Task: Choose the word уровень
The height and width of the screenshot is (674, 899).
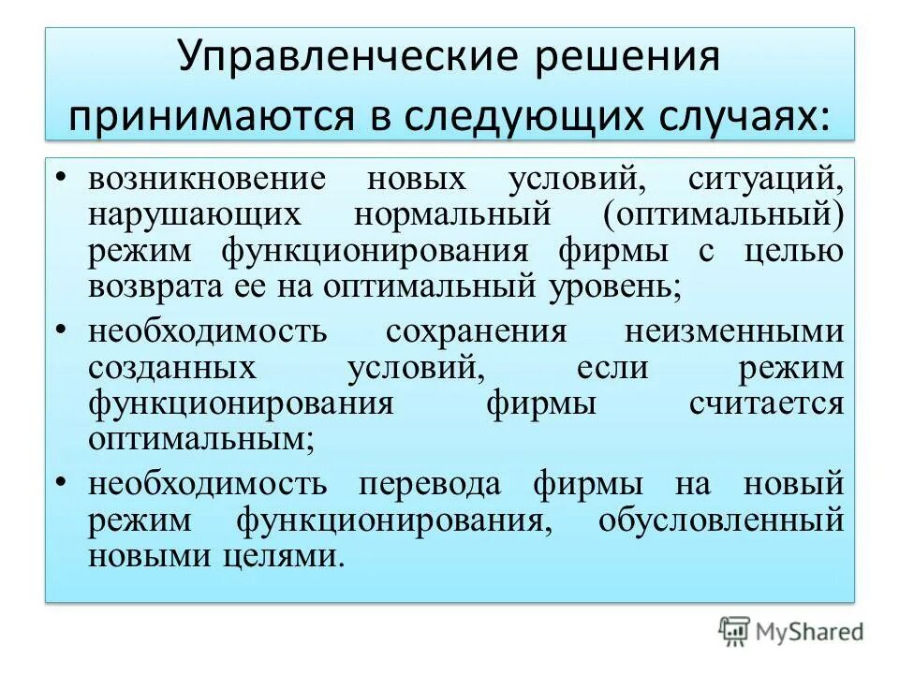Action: coord(619,286)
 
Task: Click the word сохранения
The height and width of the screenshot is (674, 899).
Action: coord(477,331)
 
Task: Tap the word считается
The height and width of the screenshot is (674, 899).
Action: coord(767,404)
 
